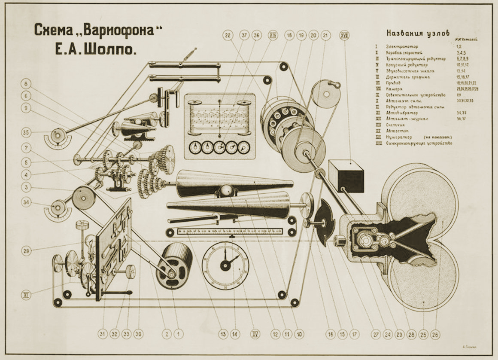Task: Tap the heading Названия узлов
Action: [x=418, y=33]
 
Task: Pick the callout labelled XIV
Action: [x=273, y=35]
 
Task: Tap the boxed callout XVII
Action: [x=344, y=35]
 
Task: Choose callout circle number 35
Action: [x=26, y=133]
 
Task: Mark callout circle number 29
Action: [x=26, y=251]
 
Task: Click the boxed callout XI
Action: [x=26, y=295]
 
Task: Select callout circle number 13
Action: [x=223, y=333]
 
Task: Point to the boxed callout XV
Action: [x=255, y=333]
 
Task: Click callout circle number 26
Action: [x=436, y=333]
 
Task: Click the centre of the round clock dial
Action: [x=225, y=265]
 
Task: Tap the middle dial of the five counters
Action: [x=219, y=147]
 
